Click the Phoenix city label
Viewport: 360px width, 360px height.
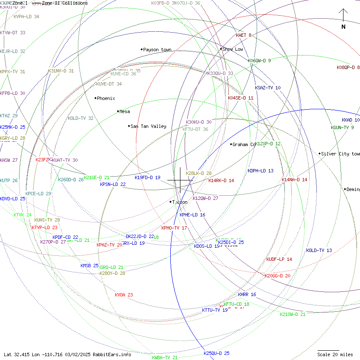click(x=106, y=98)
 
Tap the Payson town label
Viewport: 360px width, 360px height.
click(x=157, y=50)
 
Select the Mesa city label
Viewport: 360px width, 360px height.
click(x=125, y=112)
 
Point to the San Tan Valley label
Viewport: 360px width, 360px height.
click(x=148, y=126)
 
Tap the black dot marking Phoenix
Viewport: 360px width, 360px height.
click(x=95, y=98)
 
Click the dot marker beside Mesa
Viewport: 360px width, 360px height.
click(x=118, y=111)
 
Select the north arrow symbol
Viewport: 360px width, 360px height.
click(x=343, y=18)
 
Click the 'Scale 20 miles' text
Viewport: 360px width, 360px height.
click(x=335, y=354)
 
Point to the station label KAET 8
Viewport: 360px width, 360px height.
click(x=244, y=35)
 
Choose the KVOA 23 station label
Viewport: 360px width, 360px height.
click(x=124, y=295)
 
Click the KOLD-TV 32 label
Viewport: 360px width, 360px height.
click(x=80, y=118)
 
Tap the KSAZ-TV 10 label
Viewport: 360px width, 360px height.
click(x=268, y=88)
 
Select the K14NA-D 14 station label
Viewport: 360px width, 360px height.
click(x=294, y=180)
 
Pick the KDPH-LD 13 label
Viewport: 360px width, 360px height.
click(x=260, y=171)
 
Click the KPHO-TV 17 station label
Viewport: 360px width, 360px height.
click(x=174, y=228)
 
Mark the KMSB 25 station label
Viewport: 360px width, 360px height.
click(x=89, y=266)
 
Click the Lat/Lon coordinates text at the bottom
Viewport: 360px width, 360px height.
click(x=67, y=354)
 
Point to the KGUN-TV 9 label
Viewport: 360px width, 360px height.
click(x=342, y=127)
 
